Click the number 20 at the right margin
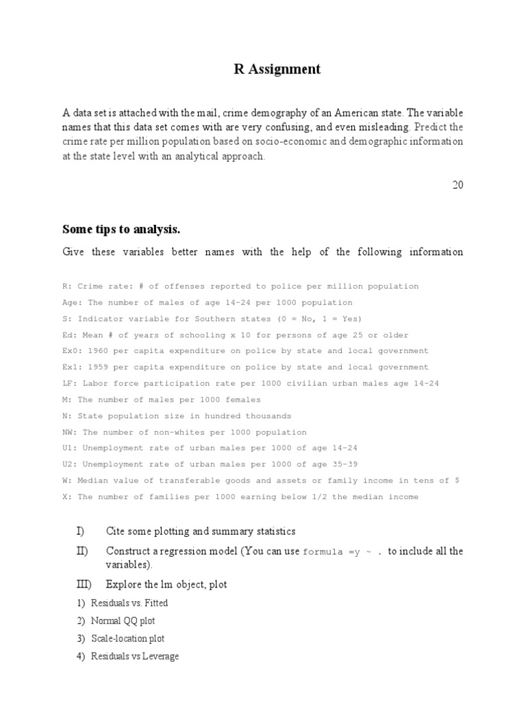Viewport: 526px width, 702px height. [458, 184]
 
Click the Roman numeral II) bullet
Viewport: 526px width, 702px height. [82, 551]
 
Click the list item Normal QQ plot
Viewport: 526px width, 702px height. [123, 621]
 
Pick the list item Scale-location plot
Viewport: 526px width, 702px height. [128, 639]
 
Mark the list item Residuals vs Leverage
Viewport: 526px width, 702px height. [135, 657]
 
